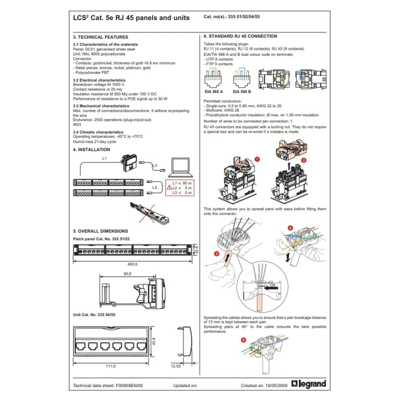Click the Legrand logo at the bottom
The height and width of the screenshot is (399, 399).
click(x=312, y=384)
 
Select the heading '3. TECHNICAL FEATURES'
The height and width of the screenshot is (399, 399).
click(x=100, y=37)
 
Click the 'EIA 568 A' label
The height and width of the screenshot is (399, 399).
click(x=214, y=91)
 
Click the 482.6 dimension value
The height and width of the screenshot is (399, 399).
click(x=131, y=263)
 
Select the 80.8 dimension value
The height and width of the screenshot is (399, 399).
click(x=127, y=273)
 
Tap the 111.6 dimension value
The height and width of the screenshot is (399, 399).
click(x=111, y=366)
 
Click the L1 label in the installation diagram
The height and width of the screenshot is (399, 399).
click(x=104, y=158)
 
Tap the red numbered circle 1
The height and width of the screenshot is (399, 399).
click(x=257, y=159)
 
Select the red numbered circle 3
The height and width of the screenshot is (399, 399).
click(x=216, y=253)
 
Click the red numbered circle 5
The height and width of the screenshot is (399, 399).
click(x=243, y=341)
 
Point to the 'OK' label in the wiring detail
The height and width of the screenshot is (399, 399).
click(x=272, y=286)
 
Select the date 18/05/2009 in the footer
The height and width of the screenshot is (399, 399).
click(x=280, y=386)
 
